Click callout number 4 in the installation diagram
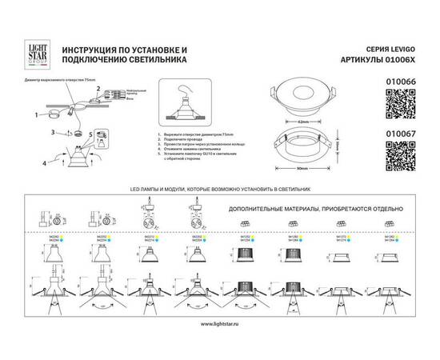click(46, 164)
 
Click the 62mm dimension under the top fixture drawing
click(303, 120)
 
